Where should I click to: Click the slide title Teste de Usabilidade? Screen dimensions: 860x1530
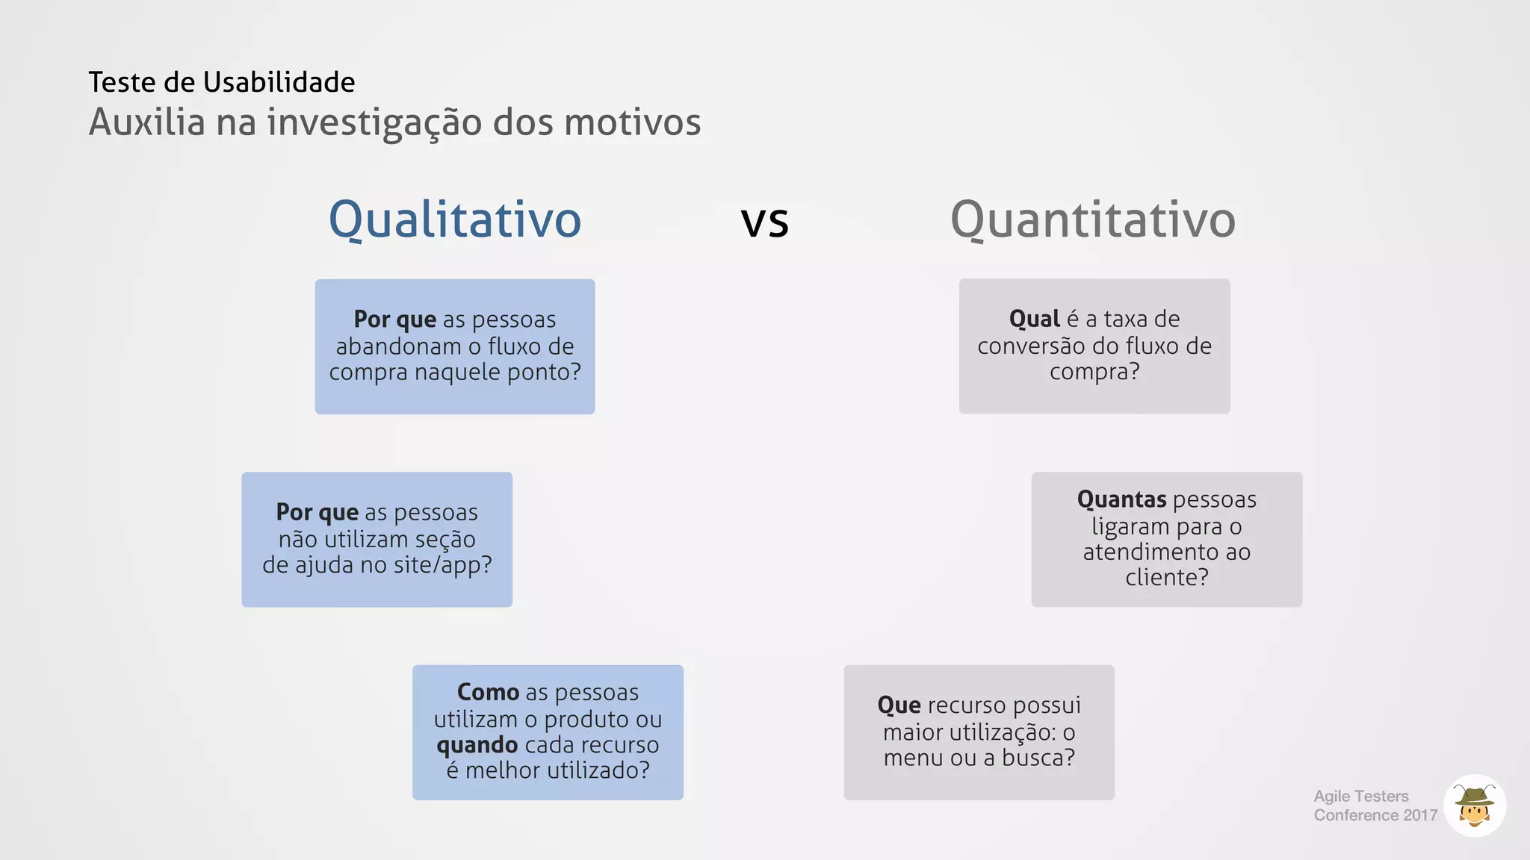(x=221, y=82)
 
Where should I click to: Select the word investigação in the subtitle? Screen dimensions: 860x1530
(x=374, y=123)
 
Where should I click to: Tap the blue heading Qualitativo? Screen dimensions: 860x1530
(x=454, y=219)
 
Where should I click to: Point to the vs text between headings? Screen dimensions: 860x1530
(x=764, y=222)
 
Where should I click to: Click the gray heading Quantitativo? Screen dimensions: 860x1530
(x=1092, y=219)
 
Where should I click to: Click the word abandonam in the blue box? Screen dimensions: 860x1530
(x=398, y=346)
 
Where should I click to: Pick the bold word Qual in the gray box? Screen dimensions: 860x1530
(x=1034, y=319)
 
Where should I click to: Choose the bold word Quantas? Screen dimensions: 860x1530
(x=1121, y=499)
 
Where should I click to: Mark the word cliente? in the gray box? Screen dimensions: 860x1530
(x=1166, y=578)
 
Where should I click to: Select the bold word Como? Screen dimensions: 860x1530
(x=488, y=692)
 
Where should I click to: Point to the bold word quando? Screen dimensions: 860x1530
(x=477, y=745)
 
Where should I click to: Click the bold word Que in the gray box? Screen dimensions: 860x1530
(x=899, y=705)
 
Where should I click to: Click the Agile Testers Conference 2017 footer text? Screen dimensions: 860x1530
(x=1375, y=806)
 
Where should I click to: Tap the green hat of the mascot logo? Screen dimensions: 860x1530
(x=1474, y=796)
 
